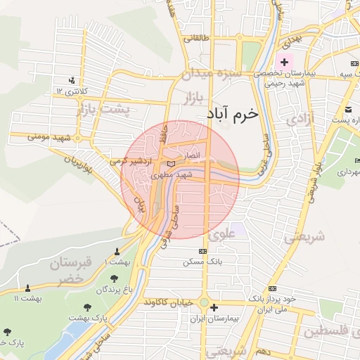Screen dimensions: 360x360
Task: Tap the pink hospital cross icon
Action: coord(284,63)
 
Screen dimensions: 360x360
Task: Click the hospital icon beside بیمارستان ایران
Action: coord(214,307)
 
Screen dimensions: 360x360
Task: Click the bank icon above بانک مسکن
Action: coord(203,251)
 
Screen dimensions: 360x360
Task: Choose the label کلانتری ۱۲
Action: coord(71,91)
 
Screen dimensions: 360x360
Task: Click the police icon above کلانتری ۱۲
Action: coord(72,79)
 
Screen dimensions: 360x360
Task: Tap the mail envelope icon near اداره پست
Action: coord(349,109)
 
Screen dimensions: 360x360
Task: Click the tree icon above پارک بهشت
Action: coord(88,307)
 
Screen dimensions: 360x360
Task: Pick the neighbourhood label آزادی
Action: coord(302,119)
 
